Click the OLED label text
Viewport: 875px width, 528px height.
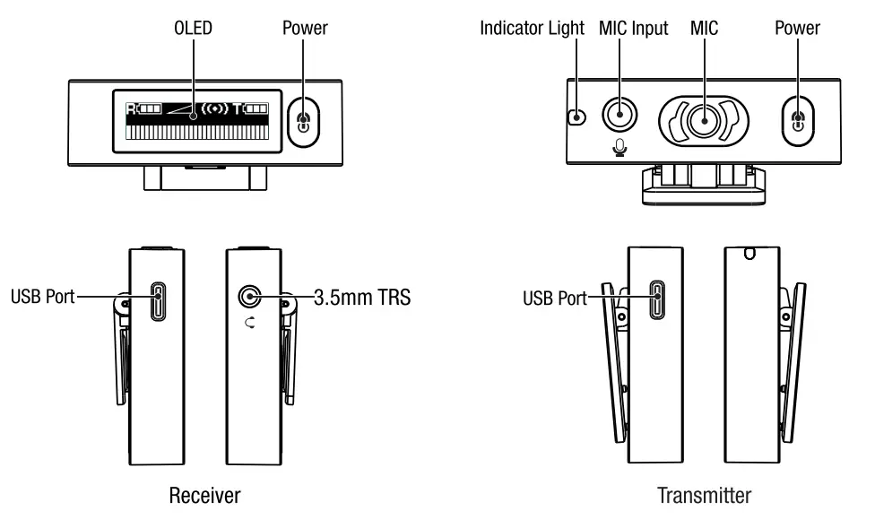coord(193,28)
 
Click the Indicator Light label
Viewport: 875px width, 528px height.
coord(533,28)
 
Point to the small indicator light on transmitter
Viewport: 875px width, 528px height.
coord(578,117)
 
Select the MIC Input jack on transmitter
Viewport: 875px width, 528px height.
coord(618,115)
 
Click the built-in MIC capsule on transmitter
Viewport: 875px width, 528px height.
coord(704,119)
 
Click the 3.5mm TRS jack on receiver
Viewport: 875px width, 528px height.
coord(248,297)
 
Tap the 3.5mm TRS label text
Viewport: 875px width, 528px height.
coord(362,297)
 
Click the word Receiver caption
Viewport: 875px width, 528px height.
coord(205,494)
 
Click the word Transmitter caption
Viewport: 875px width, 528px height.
coord(704,494)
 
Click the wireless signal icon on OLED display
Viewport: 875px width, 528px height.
coord(216,108)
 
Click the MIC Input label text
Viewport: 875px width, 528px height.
coord(633,28)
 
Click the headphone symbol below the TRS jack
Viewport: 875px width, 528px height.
coord(248,325)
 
